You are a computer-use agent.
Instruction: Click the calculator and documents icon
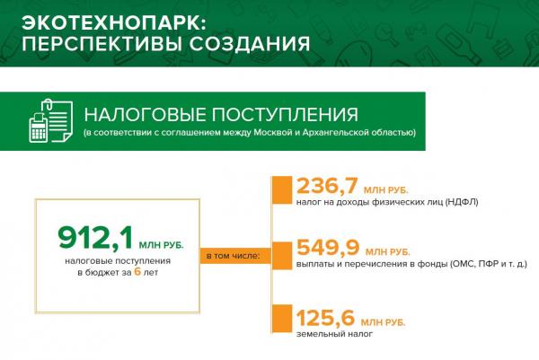click(x=51, y=120)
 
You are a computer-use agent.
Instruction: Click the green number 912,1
click(x=95, y=238)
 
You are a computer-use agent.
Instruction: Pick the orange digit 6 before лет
click(x=137, y=271)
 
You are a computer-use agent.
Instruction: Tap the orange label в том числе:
click(x=233, y=256)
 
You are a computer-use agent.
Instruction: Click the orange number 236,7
click(x=327, y=186)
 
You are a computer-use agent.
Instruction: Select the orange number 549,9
click(x=328, y=247)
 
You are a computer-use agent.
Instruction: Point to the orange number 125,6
click(x=325, y=318)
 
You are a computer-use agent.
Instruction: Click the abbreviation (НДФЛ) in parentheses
click(x=462, y=202)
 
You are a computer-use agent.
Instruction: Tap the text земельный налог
click(x=334, y=334)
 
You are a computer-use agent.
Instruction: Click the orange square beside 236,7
click(x=282, y=190)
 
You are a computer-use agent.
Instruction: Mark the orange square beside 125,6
click(x=282, y=319)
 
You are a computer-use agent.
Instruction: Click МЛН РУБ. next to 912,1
click(x=161, y=245)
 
